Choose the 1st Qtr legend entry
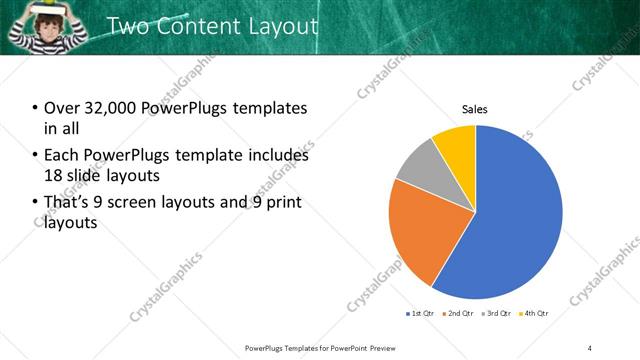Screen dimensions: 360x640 point(417,313)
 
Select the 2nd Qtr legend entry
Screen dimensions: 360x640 point(457,313)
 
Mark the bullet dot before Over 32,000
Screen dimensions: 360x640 point(36,108)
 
